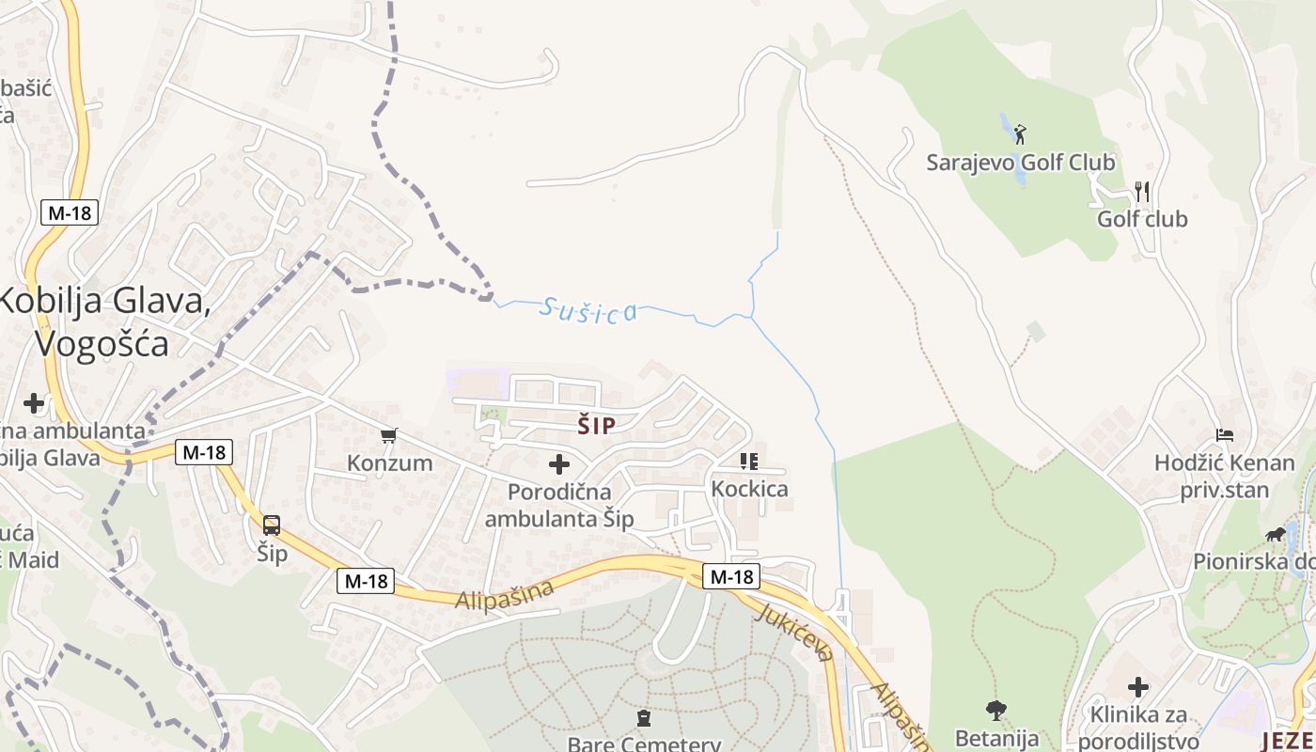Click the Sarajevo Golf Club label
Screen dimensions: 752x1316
click(x=1021, y=163)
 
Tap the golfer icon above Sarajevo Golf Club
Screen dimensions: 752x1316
click(x=1020, y=134)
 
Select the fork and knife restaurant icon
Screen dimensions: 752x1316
click(x=1142, y=192)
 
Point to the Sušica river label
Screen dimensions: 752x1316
click(x=589, y=309)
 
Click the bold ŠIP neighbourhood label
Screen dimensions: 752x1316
click(x=597, y=427)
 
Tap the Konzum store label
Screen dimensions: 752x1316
click(x=390, y=462)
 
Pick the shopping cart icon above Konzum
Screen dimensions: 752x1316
click(x=389, y=435)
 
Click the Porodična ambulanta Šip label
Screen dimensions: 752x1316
click(x=559, y=505)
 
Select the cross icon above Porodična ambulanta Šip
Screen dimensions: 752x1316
click(x=559, y=464)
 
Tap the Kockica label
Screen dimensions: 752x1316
click(x=749, y=489)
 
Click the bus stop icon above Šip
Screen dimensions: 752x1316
click(x=272, y=525)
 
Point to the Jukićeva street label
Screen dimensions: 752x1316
click(x=794, y=632)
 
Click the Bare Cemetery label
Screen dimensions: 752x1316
click(x=644, y=744)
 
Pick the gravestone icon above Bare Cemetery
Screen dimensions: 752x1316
click(x=644, y=719)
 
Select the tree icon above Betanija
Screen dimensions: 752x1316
click(x=996, y=710)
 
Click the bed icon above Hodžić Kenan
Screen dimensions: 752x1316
click(x=1225, y=435)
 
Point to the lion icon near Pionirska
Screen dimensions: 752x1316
click(x=1276, y=535)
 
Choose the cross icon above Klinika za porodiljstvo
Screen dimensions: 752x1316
click(x=1138, y=687)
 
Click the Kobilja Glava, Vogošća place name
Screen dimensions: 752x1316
click(x=103, y=321)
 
